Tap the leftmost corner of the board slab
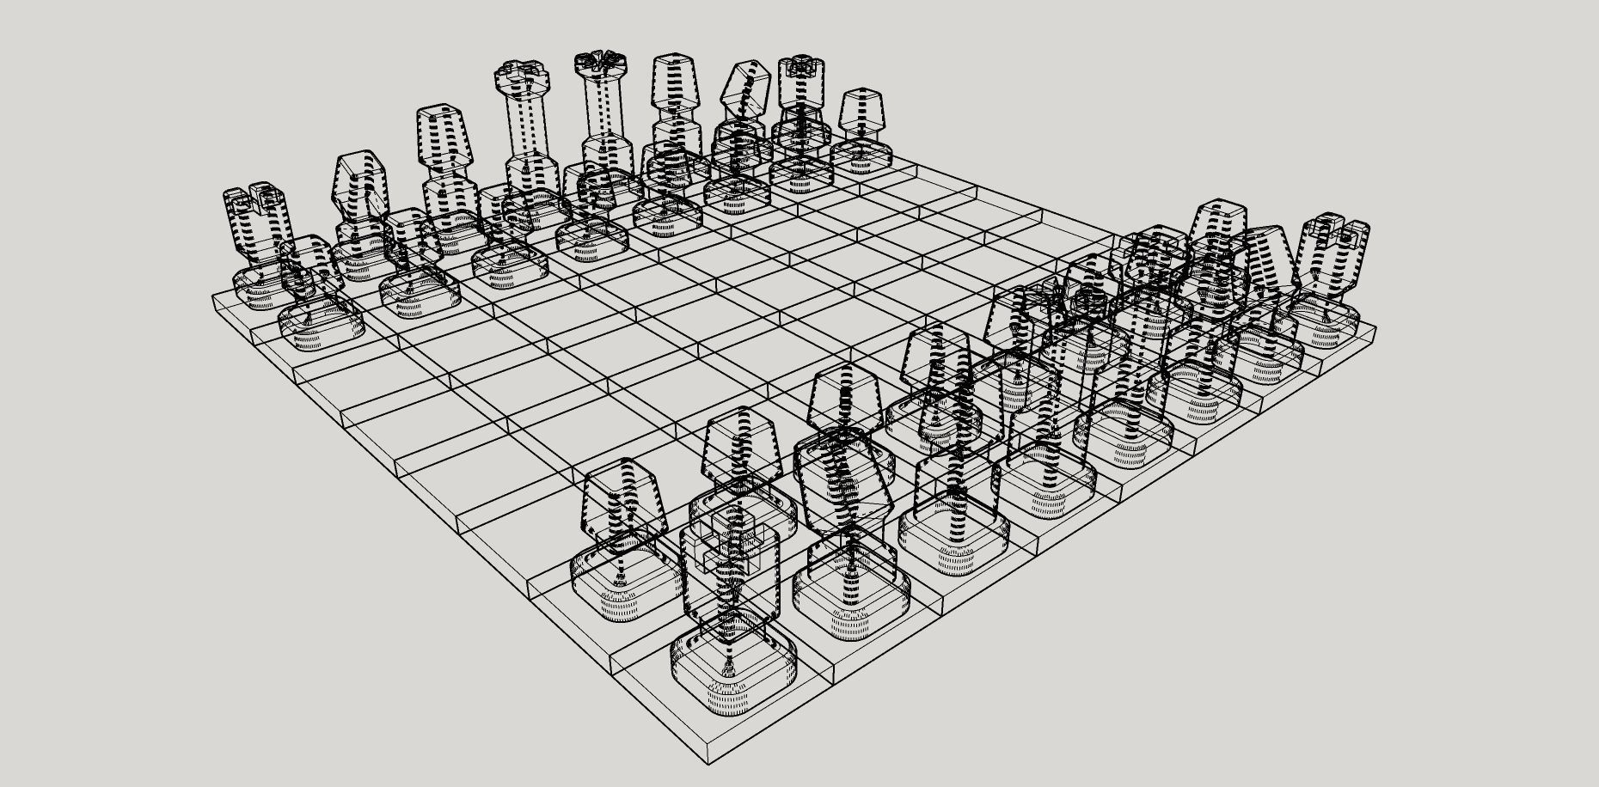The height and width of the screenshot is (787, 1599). coord(213,298)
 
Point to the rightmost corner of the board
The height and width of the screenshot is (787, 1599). coord(1375,327)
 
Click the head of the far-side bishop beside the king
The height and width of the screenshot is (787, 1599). coord(675,82)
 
